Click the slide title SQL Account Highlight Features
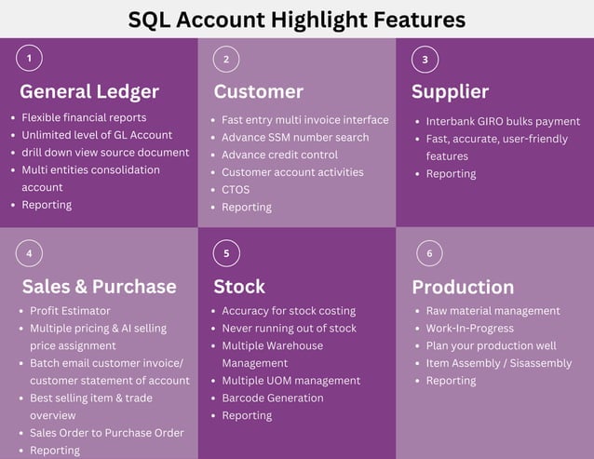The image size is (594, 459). point(296,19)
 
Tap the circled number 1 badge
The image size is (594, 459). point(29,59)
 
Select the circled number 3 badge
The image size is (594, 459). point(425,60)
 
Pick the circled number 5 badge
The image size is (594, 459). point(226,253)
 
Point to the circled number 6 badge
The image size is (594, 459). point(429,253)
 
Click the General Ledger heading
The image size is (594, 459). point(89,91)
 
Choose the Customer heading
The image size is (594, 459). point(258,91)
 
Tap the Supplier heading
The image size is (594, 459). point(450,91)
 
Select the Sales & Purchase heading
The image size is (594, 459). point(99,286)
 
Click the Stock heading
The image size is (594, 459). point(239,286)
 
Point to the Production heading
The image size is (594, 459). point(463,286)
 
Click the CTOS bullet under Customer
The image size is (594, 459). point(236,190)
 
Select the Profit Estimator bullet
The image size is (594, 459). point(70,311)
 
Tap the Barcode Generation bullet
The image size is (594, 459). point(273,398)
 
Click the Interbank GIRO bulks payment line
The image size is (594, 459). point(503,121)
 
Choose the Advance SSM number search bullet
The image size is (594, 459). point(295,138)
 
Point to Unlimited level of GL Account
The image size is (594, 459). point(97,135)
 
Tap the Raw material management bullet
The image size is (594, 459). point(493,311)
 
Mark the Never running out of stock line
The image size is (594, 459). point(289,329)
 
